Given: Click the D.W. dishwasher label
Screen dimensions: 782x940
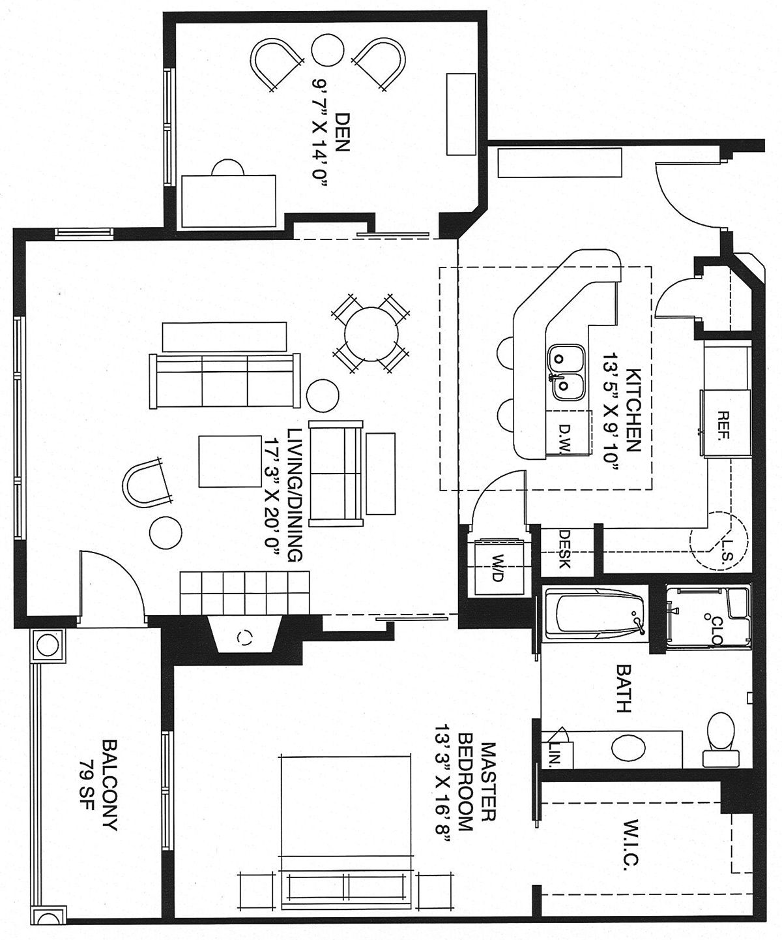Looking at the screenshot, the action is [x=565, y=438].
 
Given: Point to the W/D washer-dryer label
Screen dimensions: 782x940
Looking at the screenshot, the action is [x=497, y=568].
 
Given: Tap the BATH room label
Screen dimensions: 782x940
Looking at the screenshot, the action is [x=623, y=688].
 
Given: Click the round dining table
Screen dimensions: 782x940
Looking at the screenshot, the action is [x=371, y=333].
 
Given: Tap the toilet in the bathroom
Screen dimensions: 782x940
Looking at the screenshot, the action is [x=721, y=739].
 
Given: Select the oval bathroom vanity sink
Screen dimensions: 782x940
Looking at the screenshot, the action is [x=628, y=748].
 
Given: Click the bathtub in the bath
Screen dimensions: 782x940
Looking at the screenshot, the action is [x=595, y=614].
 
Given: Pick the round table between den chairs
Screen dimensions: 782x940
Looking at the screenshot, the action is [x=328, y=50].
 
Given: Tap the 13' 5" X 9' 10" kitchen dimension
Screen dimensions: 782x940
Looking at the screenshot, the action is [x=610, y=411].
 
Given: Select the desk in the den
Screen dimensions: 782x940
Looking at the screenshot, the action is [x=229, y=201].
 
